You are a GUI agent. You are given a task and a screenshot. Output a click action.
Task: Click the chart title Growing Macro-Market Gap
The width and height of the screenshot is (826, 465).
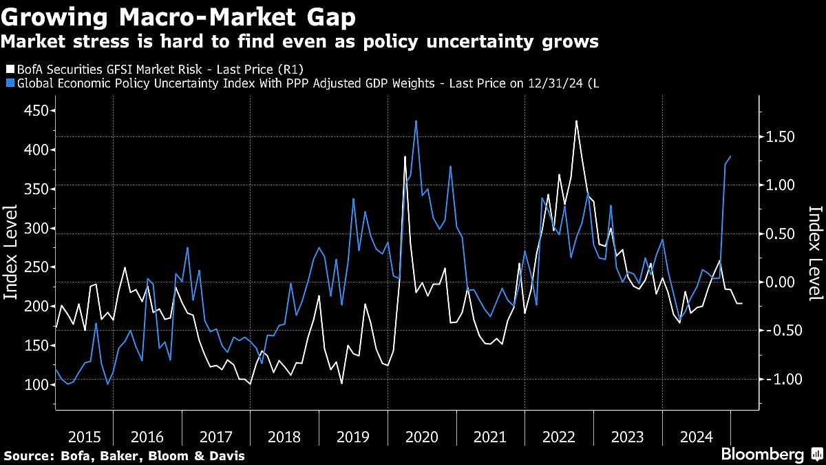(179, 16)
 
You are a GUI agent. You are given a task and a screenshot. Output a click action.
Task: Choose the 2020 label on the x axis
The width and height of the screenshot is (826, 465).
(421, 437)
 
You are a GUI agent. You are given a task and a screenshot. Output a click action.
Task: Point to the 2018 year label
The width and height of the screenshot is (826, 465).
(284, 437)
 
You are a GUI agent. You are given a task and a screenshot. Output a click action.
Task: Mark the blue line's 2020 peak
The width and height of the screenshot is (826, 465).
(416, 121)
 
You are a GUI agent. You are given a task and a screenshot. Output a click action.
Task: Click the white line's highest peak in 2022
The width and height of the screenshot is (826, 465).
(575, 121)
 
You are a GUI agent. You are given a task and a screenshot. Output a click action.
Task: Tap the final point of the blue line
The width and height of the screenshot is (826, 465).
(730, 156)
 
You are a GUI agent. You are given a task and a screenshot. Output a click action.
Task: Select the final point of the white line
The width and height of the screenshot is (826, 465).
(741, 304)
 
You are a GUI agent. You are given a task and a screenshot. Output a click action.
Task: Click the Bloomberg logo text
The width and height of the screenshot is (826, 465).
(762, 455)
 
